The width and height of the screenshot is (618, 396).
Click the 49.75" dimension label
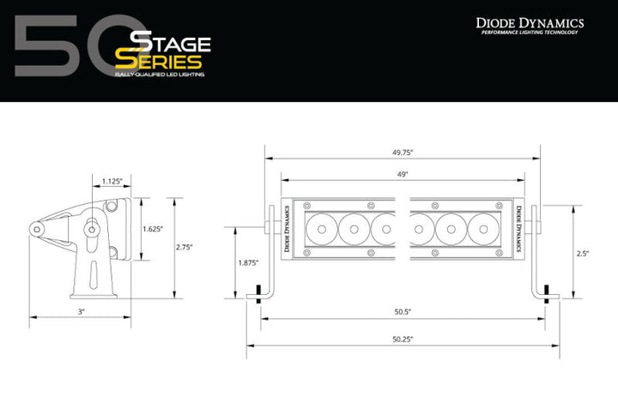[x=403, y=152]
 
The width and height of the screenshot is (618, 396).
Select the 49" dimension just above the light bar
[x=403, y=174]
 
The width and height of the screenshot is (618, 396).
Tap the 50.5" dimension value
[x=403, y=312]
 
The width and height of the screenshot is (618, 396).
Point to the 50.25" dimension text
[x=403, y=339]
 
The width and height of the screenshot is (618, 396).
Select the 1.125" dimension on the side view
[x=112, y=182]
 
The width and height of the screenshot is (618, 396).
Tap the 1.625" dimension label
[x=152, y=229]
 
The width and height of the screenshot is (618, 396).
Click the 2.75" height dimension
[x=183, y=247]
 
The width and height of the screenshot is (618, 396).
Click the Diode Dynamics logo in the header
[x=530, y=22]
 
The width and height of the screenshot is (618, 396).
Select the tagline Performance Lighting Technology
[x=530, y=33]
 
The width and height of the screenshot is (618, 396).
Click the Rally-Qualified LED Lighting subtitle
[x=159, y=76]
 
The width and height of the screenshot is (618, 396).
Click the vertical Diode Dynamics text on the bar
[x=518, y=227]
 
